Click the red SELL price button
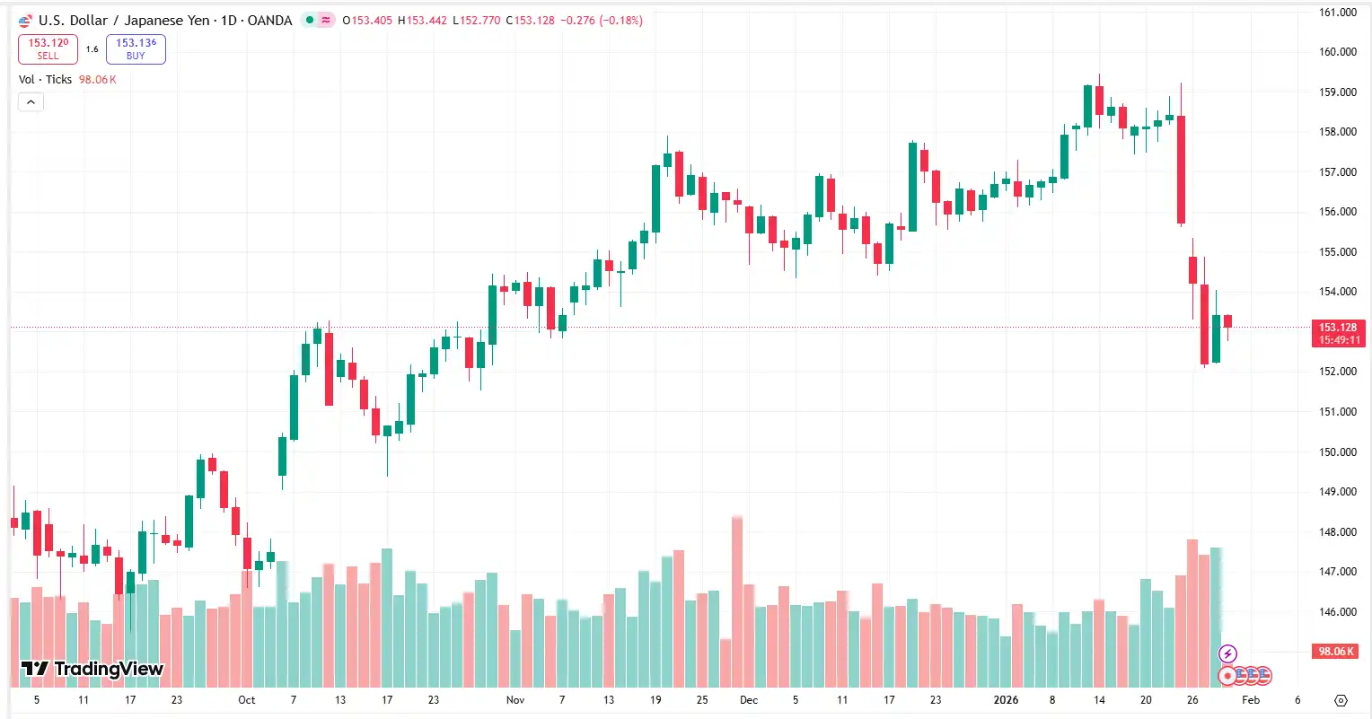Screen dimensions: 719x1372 48,49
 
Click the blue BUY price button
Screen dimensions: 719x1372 136,49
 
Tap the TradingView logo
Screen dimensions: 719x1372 92,669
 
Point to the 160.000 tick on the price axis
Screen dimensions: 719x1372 1337,52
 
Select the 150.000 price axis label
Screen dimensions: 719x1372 1337,452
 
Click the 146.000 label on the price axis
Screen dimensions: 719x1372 1337,612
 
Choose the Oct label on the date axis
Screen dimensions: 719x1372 246,700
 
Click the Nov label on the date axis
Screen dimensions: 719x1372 514,700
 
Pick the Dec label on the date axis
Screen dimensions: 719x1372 748,700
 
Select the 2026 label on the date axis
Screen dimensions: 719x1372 1006,700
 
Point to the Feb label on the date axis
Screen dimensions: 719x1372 1250,700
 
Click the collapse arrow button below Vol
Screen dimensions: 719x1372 31,102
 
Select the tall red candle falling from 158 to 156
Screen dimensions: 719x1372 1182,170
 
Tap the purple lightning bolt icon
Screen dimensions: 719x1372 1227,654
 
